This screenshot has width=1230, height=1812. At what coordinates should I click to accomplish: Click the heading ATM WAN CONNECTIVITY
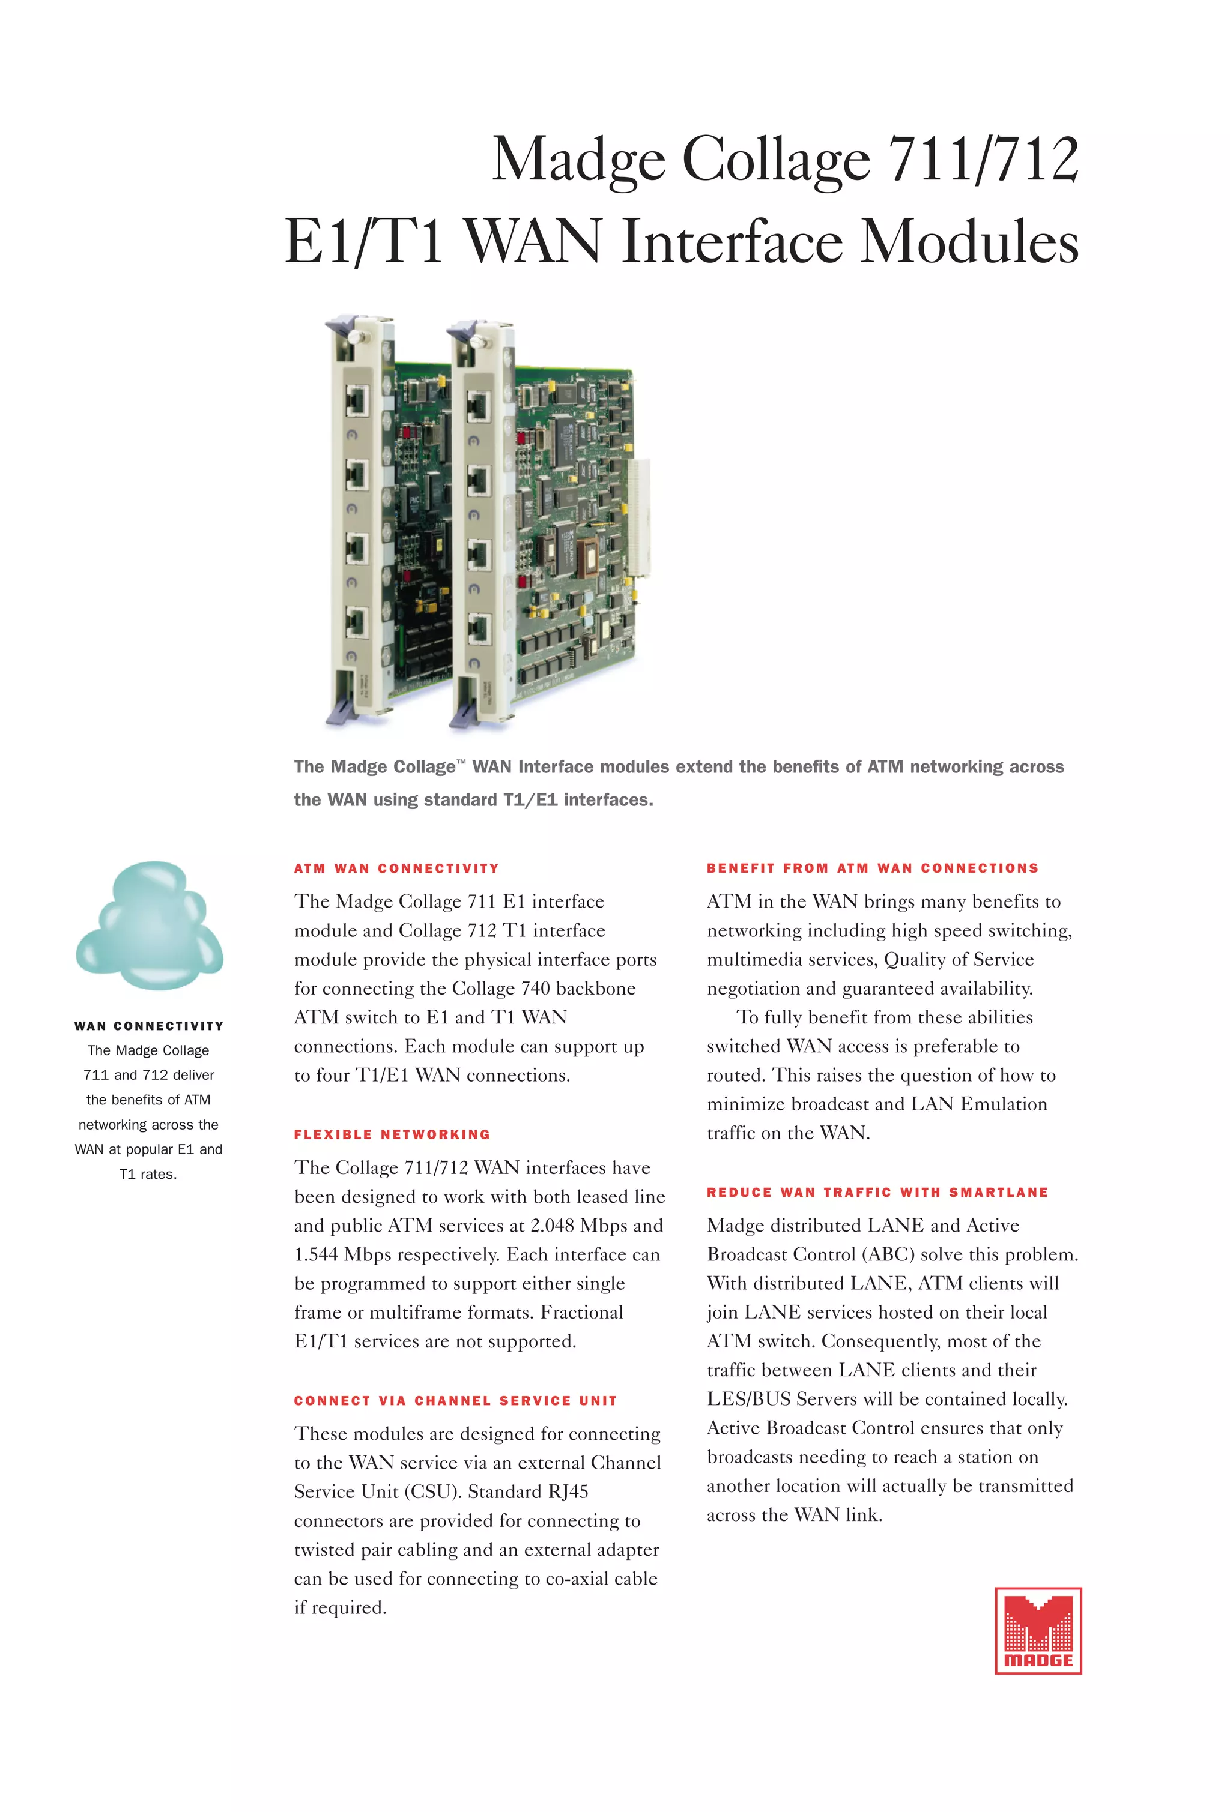click(396, 868)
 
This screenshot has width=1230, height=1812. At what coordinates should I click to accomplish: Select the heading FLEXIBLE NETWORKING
click(392, 1134)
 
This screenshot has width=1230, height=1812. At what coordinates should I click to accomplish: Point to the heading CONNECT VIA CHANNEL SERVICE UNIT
click(455, 1401)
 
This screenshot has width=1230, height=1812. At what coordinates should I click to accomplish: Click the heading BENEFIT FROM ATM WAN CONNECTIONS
click(873, 868)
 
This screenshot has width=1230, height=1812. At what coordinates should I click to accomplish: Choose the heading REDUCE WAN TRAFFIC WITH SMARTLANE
click(877, 1192)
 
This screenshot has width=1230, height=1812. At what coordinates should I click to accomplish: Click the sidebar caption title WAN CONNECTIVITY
click(149, 1026)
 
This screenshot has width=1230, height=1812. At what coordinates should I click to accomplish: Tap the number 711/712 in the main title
click(984, 160)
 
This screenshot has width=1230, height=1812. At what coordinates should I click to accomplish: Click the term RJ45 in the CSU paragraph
click(568, 1491)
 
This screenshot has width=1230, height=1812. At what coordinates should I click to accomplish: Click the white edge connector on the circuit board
click(639, 518)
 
